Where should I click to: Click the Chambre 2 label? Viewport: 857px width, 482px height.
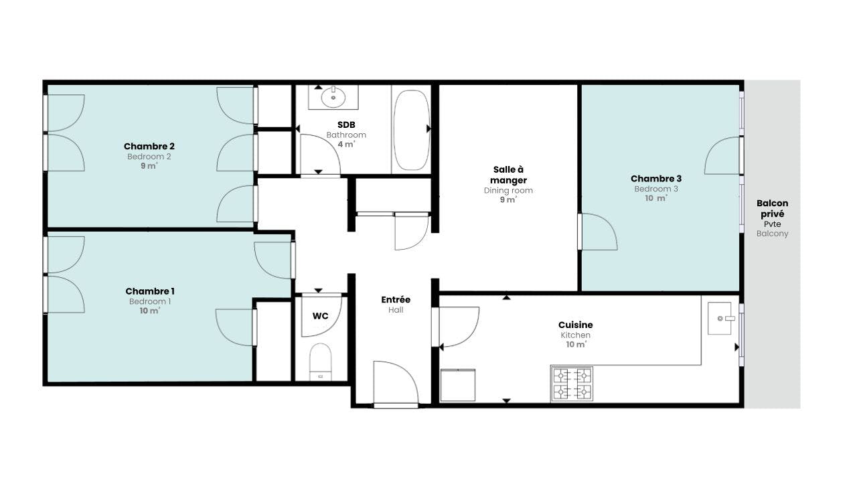pyautogui.click(x=149, y=146)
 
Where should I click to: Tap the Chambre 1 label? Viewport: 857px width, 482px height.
pyautogui.click(x=149, y=291)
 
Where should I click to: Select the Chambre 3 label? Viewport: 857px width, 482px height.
pyautogui.click(x=655, y=179)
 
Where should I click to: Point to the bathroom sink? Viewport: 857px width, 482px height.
pyautogui.click(x=333, y=98)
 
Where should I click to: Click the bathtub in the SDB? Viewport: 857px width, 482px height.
pyautogui.click(x=412, y=130)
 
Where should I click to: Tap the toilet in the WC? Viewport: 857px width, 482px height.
pyautogui.click(x=320, y=361)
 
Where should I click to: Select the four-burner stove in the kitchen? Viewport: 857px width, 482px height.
pyautogui.click(x=572, y=384)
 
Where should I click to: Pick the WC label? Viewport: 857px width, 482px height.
pyautogui.click(x=320, y=316)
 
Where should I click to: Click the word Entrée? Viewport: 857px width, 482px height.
pyautogui.click(x=396, y=300)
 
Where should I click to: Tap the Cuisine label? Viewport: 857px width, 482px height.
pyautogui.click(x=575, y=325)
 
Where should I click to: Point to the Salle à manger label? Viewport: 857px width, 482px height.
pyautogui.click(x=508, y=175)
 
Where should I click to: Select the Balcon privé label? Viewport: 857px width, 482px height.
pyautogui.click(x=772, y=208)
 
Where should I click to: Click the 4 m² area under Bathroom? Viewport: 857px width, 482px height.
pyautogui.click(x=346, y=144)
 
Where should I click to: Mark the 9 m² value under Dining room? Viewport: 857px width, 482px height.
pyautogui.click(x=508, y=199)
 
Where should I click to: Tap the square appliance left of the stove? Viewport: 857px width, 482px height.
pyautogui.click(x=457, y=385)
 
